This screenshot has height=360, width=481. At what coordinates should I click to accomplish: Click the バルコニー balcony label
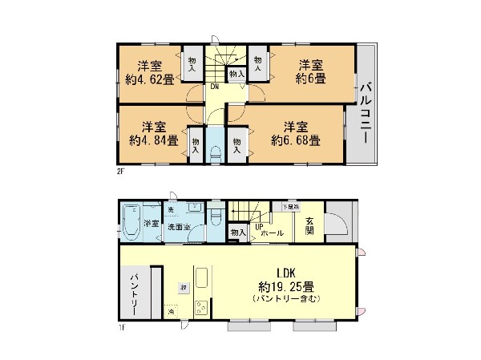pos(364,111)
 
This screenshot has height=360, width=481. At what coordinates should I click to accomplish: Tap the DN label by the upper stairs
pos(216,87)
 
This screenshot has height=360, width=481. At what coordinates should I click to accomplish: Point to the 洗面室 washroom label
pos(177,227)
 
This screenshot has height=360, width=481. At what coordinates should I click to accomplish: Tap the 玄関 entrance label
pos(309,225)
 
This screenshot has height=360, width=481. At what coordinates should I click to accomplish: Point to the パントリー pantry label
pos(135,297)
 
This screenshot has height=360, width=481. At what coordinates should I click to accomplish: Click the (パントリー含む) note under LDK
pos(287,299)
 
